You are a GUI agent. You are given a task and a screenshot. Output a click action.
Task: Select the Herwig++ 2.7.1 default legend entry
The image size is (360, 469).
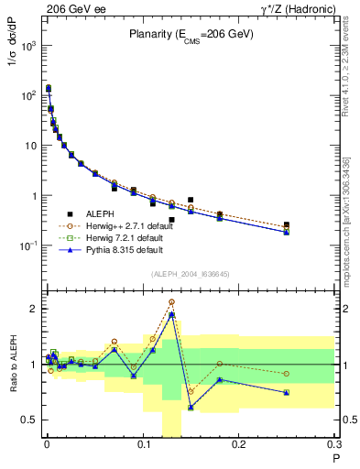tap(123, 224)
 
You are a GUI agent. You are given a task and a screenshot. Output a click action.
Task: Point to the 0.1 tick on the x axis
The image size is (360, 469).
tap(143, 446)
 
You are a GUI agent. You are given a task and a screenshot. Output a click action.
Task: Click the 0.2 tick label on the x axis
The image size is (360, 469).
tap(239, 446)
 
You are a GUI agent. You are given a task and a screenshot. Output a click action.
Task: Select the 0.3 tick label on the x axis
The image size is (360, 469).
tap(334, 446)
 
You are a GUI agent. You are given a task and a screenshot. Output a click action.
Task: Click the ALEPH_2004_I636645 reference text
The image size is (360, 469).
tap(190, 275)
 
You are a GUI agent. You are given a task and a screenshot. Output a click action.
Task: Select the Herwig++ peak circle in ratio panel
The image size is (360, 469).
tap(171, 301)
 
